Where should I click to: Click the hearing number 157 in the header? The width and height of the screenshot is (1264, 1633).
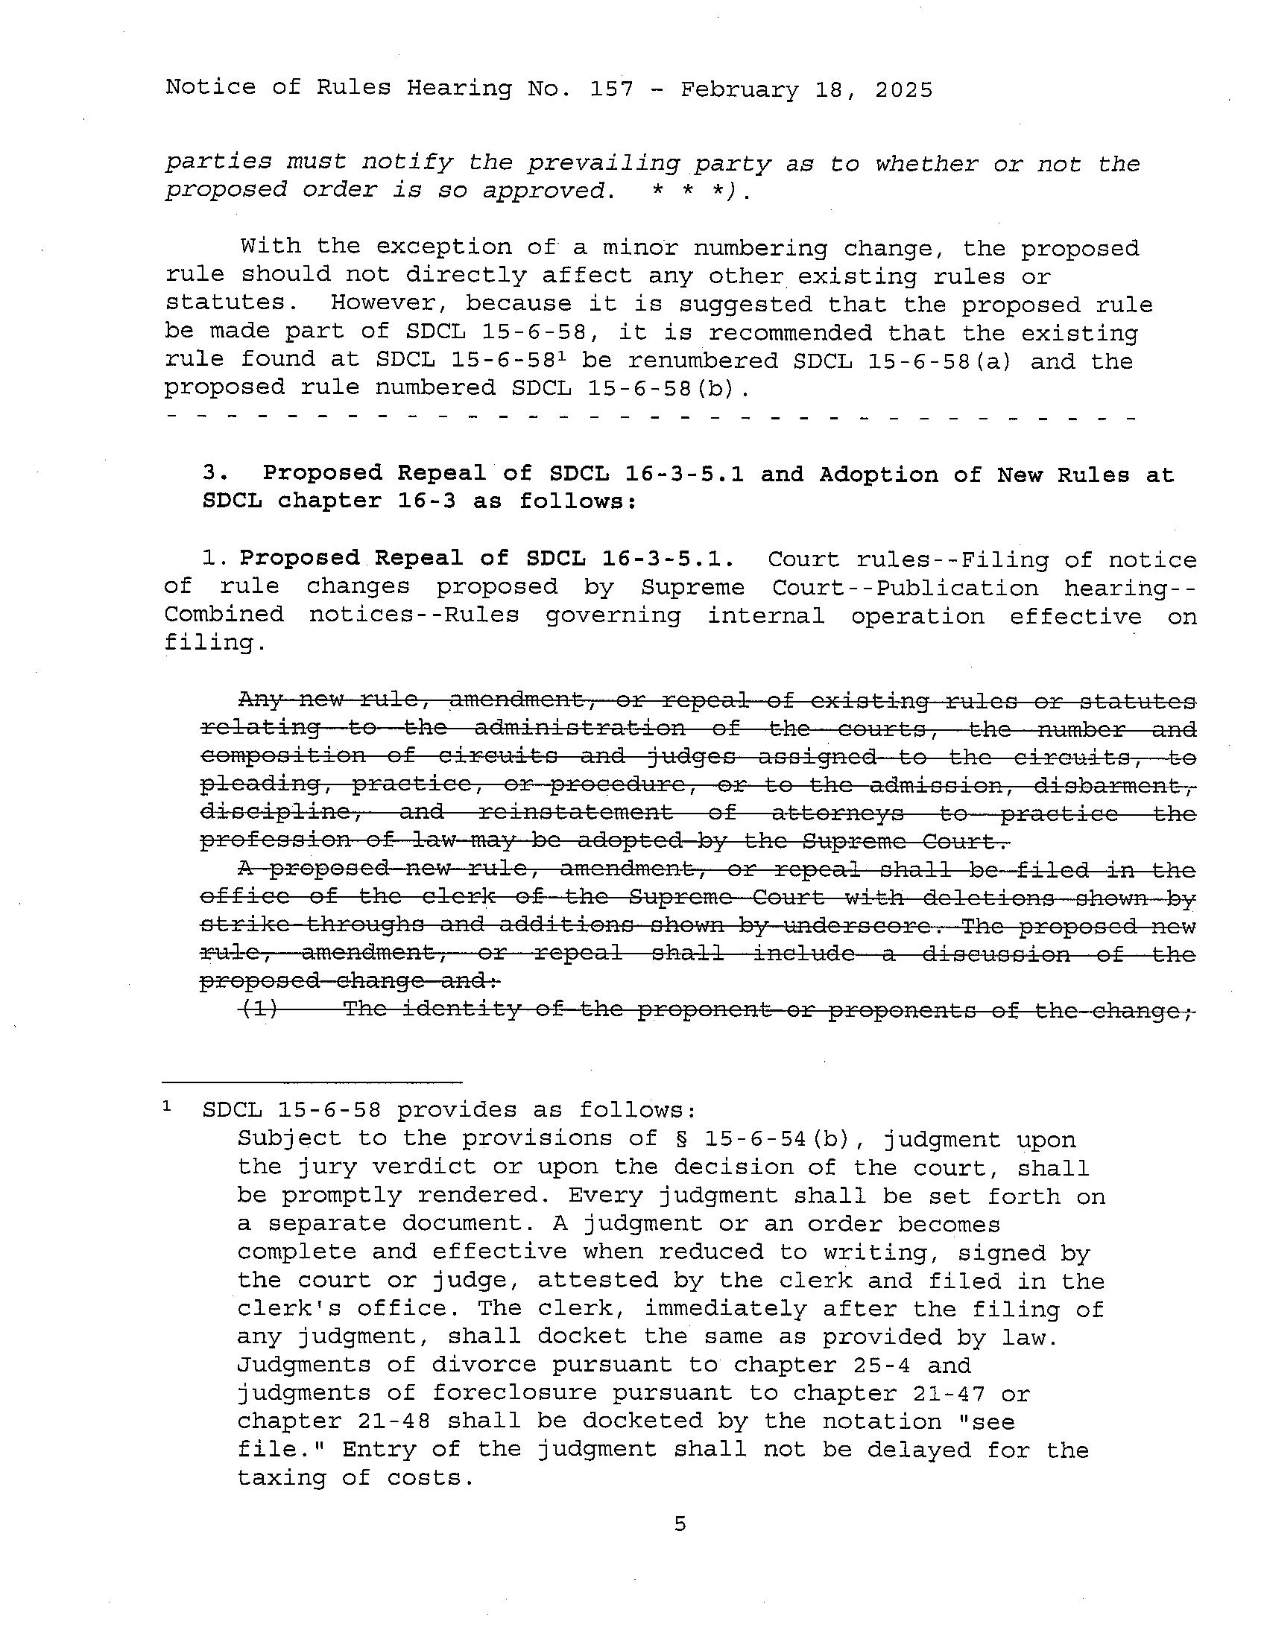pyautogui.click(x=611, y=89)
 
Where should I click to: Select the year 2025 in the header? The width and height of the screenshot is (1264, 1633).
pyautogui.click(x=903, y=90)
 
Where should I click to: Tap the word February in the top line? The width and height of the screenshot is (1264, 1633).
pyautogui.click(x=739, y=90)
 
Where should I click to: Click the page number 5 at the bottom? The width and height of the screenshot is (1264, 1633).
pyautogui.click(x=679, y=1524)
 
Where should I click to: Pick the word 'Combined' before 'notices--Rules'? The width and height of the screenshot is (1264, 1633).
pyautogui.click(x=224, y=615)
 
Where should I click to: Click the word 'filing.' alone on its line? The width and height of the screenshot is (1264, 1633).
pyautogui.click(x=215, y=642)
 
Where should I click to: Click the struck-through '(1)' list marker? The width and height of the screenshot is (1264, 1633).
pyautogui.click(x=259, y=1009)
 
